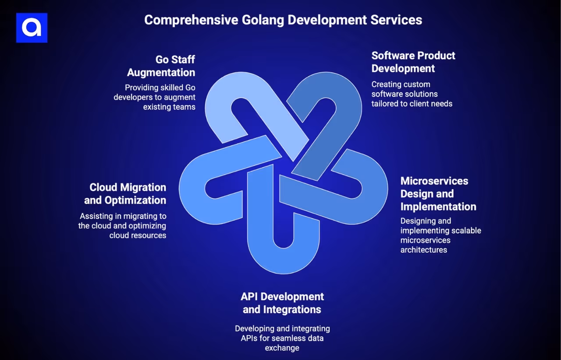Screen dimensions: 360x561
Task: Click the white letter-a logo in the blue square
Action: pyautogui.click(x=32, y=28)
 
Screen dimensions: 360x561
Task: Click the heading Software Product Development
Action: pyautogui.click(x=413, y=62)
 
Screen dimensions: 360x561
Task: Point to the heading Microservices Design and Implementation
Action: pyautogui.click(x=438, y=194)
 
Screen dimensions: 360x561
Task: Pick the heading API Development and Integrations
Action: pyautogui.click(x=282, y=303)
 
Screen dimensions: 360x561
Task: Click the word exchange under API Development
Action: pyautogui.click(x=282, y=348)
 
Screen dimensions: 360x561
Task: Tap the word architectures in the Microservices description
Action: pyautogui.click(x=423, y=250)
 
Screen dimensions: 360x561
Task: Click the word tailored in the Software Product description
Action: pyautogui.click(x=384, y=104)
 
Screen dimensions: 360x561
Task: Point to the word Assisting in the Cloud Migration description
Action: pyautogui.click(x=96, y=216)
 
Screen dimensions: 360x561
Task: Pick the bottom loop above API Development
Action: pyautogui.click(x=283, y=258)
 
